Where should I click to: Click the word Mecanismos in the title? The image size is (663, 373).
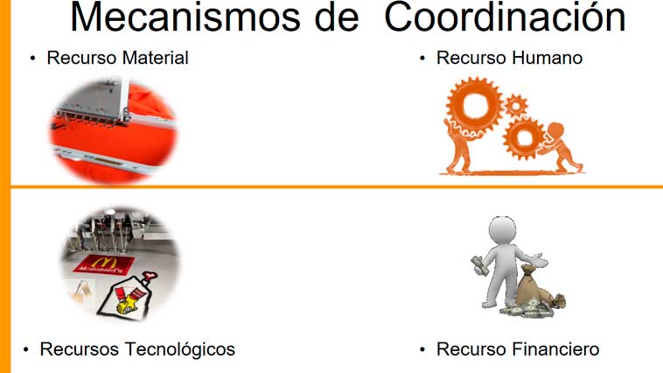point(185,17)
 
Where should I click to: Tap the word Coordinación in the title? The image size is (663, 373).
point(505,17)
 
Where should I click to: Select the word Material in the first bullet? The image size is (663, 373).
point(153,58)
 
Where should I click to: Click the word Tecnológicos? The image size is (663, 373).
point(179,349)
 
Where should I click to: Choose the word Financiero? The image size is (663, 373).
point(555,349)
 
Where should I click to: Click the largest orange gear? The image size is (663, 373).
point(475,104)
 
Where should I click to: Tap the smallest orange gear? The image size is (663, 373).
point(516,105)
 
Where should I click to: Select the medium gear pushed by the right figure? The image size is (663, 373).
point(525,137)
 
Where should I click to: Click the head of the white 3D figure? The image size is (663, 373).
point(503,231)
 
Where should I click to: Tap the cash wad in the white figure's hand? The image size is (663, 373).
point(479,265)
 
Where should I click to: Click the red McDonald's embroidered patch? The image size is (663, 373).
point(104,264)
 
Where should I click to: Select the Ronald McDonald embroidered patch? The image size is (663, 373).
point(127,296)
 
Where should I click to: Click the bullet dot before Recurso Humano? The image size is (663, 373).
point(422,59)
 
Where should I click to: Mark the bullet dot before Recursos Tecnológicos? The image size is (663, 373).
point(26,349)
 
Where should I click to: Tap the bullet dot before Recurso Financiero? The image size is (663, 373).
point(422,349)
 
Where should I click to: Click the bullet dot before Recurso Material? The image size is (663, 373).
point(33,59)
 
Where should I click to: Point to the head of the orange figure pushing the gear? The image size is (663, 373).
point(555,130)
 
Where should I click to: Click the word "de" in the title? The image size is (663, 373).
point(337,17)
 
